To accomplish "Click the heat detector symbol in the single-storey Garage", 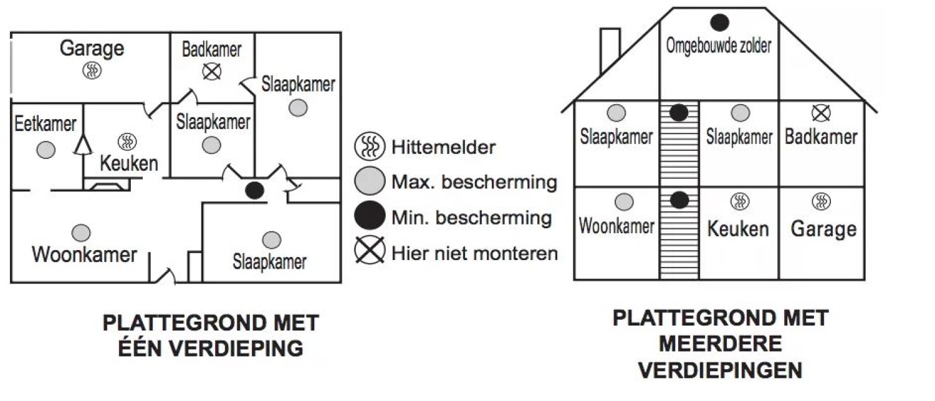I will point(92,70).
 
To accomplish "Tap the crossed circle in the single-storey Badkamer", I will point(212,72).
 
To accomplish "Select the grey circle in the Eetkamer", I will point(45,150).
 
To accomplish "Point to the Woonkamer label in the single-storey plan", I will point(84,254).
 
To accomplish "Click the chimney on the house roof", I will point(610,51).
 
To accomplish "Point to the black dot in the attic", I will point(720,22).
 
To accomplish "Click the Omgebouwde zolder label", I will point(719,46).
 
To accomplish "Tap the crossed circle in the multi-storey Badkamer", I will point(822,113).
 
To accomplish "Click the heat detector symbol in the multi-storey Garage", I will point(822,201).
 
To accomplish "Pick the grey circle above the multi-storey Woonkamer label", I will point(624,201).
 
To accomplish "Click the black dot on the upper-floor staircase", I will point(679,113).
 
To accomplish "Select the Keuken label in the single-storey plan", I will point(129,164).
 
